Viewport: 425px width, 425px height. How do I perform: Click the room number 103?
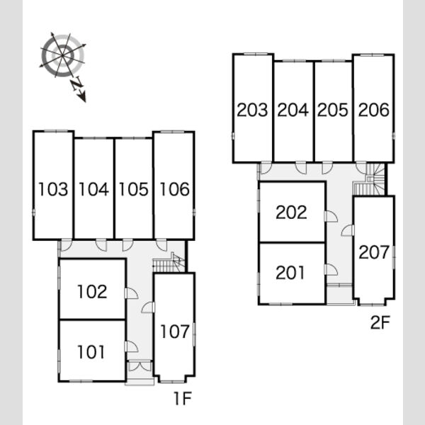[x=53, y=189]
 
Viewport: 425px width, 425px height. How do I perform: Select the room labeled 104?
[x=93, y=189]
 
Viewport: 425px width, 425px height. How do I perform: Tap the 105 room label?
[x=134, y=189]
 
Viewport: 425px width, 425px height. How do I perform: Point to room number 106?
[x=174, y=189]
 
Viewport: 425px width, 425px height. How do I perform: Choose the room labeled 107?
[x=175, y=331]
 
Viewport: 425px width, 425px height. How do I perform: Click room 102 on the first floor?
[x=92, y=292]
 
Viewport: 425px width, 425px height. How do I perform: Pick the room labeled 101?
[x=91, y=352]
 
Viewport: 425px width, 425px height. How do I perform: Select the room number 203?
[x=252, y=110]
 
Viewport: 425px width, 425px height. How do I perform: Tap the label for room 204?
[x=293, y=110]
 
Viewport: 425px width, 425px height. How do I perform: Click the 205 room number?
[x=333, y=110]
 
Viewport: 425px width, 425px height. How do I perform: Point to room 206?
[x=374, y=110]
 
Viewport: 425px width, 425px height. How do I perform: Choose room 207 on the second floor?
[x=374, y=252]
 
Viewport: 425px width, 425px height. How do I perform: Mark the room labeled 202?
[x=291, y=212]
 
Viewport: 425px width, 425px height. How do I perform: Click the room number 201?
[x=290, y=273]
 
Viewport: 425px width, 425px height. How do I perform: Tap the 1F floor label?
[x=183, y=398]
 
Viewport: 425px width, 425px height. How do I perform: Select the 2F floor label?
[x=380, y=322]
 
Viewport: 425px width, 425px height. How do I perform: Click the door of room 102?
[x=131, y=293]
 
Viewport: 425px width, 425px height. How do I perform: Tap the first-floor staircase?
[x=169, y=262]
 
